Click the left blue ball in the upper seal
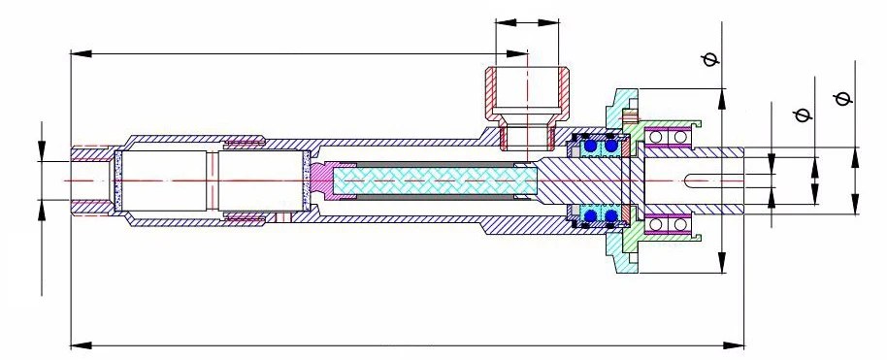pyautogui.click(x=590, y=147)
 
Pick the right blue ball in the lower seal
pyautogui.click(x=611, y=214)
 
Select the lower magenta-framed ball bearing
pyautogui.click(x=671, y=225)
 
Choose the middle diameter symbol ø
pyautogui.click(x=802, y=115)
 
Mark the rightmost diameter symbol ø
pyautogui.click(x=842, y=97)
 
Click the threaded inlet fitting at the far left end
pyautogui.click(x=93, y=180)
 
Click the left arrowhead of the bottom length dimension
pyautogui.click(x=76, y=343)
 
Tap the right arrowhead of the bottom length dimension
pyautogui.click(x=739, y=343)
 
